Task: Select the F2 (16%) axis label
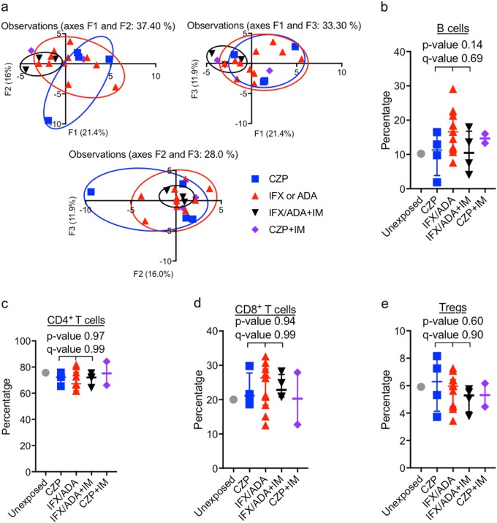(x=7, y=82)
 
